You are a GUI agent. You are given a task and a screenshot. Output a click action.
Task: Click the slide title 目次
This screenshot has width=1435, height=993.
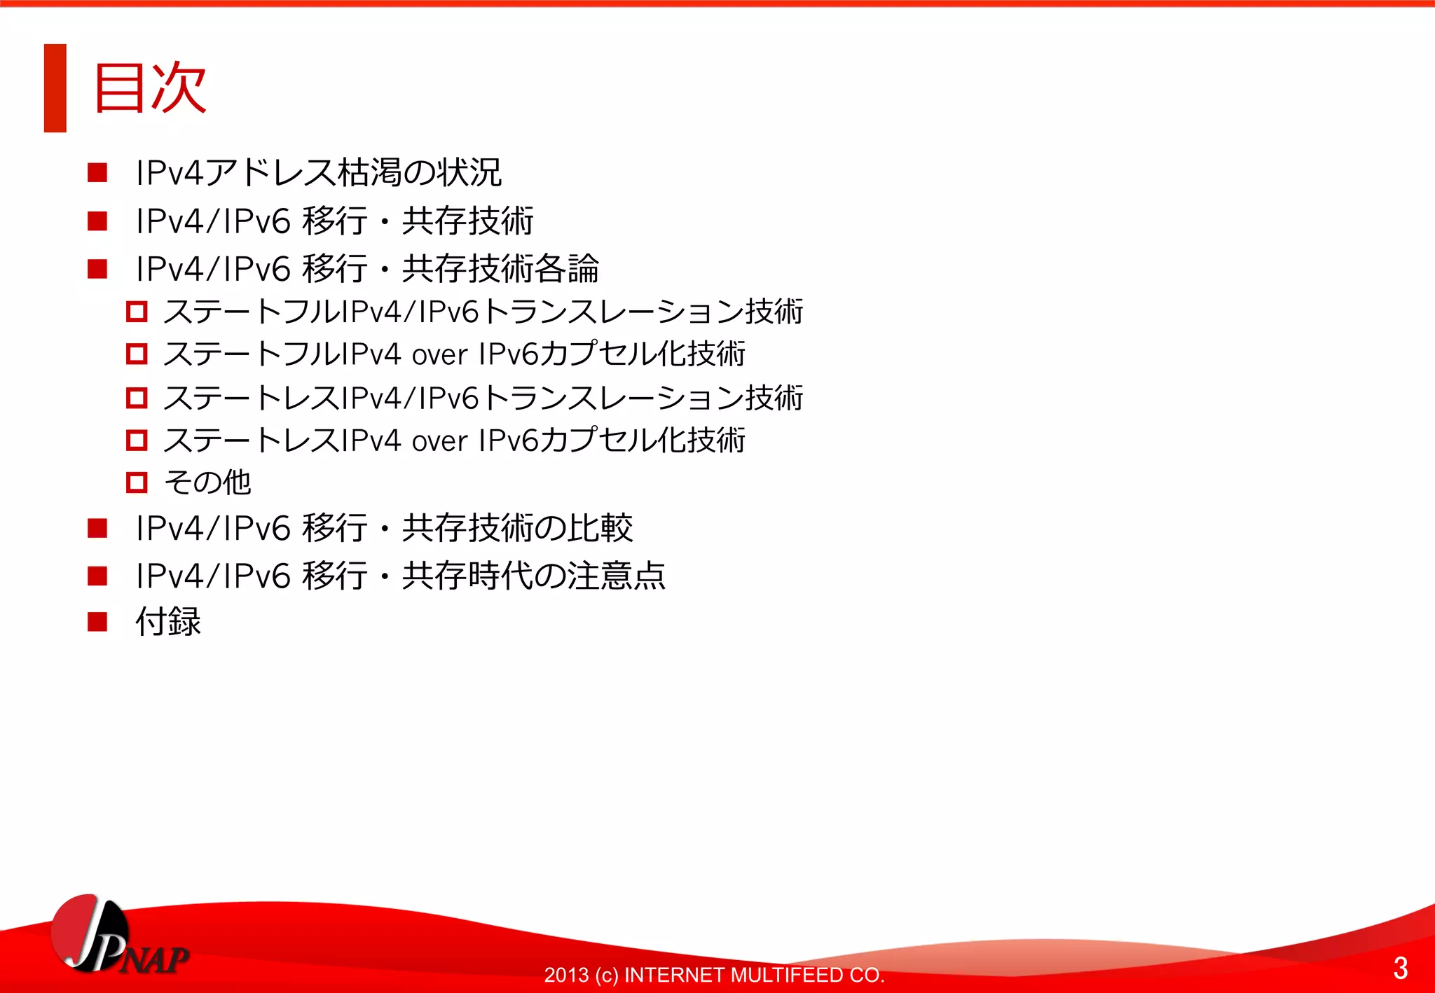(149, 88)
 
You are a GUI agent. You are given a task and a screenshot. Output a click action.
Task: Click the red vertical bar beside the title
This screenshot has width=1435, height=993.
(55, 88)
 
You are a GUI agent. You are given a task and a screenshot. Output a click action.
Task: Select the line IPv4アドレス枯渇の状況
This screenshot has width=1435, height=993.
(319, 173)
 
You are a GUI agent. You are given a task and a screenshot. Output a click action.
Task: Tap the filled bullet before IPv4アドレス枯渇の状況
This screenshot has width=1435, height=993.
(97, 172)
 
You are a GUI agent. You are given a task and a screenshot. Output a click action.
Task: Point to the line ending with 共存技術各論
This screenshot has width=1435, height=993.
(367, 269)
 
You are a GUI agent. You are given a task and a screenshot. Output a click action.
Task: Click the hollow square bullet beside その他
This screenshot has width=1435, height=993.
(137, 482)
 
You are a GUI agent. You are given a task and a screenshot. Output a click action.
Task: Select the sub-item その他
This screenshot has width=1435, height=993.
(207, 482)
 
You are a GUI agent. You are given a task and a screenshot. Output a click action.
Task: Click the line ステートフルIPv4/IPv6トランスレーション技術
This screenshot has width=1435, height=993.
(483, 312)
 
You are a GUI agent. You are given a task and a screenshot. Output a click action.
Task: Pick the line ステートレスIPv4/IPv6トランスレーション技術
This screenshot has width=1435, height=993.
(483, 398)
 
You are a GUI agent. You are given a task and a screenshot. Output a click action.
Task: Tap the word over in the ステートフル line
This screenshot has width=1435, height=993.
(439, 356)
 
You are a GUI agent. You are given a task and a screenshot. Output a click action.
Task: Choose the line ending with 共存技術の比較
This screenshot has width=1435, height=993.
(384, 528)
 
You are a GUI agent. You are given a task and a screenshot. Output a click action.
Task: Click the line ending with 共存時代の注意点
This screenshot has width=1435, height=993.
(400, 576)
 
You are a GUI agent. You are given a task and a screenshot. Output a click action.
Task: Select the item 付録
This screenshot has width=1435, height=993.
(168, 622)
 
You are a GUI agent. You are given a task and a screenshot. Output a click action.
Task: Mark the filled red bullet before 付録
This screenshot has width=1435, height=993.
(97, 621)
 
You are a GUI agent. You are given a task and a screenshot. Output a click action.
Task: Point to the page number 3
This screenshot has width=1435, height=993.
(1400, 968)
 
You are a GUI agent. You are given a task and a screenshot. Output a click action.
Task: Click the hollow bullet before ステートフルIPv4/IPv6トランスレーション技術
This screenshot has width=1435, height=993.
(137, 312)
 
